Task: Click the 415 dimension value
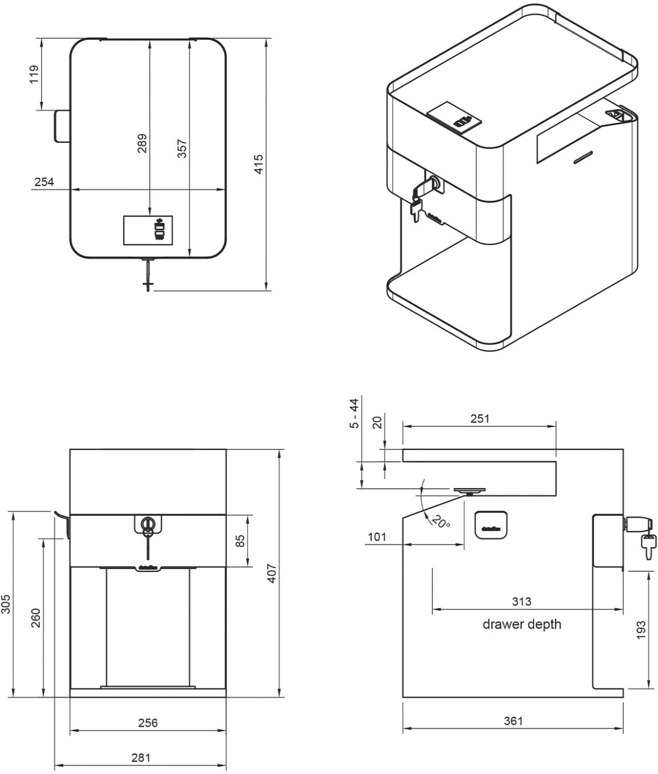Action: [259, 164]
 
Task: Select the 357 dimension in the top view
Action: [182, 148]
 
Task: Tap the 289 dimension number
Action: [142, 143]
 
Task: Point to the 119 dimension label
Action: [34, 74]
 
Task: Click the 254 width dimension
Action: [44, 182]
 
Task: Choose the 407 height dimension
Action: [272, 573]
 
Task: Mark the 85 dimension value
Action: [240, 541]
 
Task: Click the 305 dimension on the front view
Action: [6, 603]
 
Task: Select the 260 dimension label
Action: [36, 617]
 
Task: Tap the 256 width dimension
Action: [148, 723]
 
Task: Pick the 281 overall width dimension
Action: [140, 757]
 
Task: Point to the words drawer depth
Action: [522, 624]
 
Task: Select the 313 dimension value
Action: [522, 602]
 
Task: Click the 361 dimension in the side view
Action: [513, 721]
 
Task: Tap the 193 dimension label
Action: [641, 630]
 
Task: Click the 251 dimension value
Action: [480, 419]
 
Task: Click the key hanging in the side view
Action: [648, 545]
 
